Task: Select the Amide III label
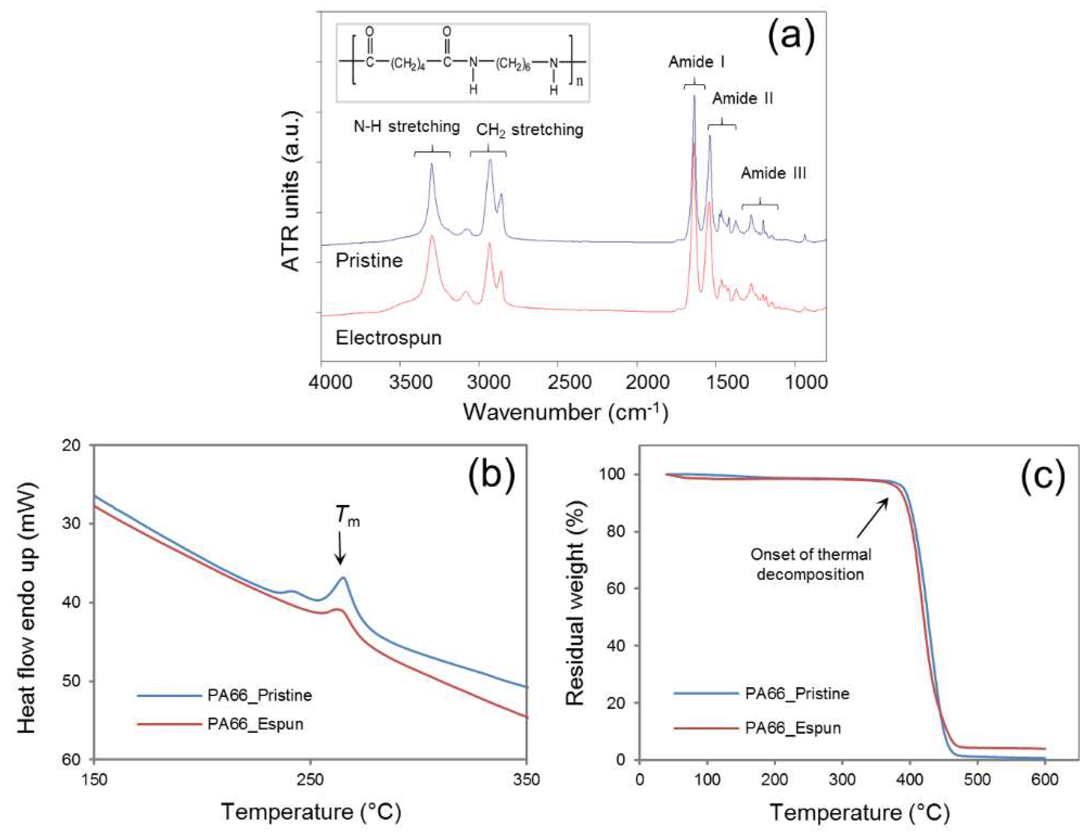pos(773,174)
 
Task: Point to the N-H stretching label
pos(407,127)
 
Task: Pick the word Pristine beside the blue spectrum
pos(369,260)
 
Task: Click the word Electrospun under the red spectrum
pos(388,338)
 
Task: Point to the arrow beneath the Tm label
pos(340,547)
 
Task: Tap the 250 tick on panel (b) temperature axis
pos(311,779)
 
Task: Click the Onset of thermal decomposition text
pos(811,564)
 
